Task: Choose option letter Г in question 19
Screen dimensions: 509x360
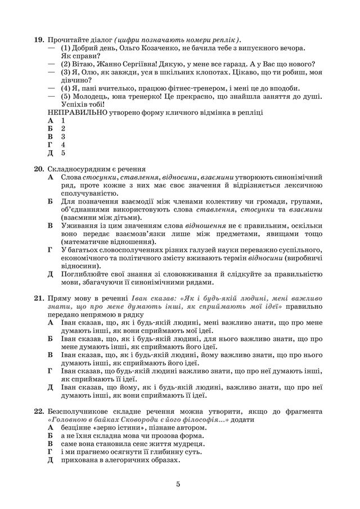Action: (51, 145)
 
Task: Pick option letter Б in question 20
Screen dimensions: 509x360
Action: (51, 201)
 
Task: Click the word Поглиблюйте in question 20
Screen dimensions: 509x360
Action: (85, 274)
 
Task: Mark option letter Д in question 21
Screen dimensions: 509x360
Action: (51, 388)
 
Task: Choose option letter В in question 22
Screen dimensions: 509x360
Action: (51, 444)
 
